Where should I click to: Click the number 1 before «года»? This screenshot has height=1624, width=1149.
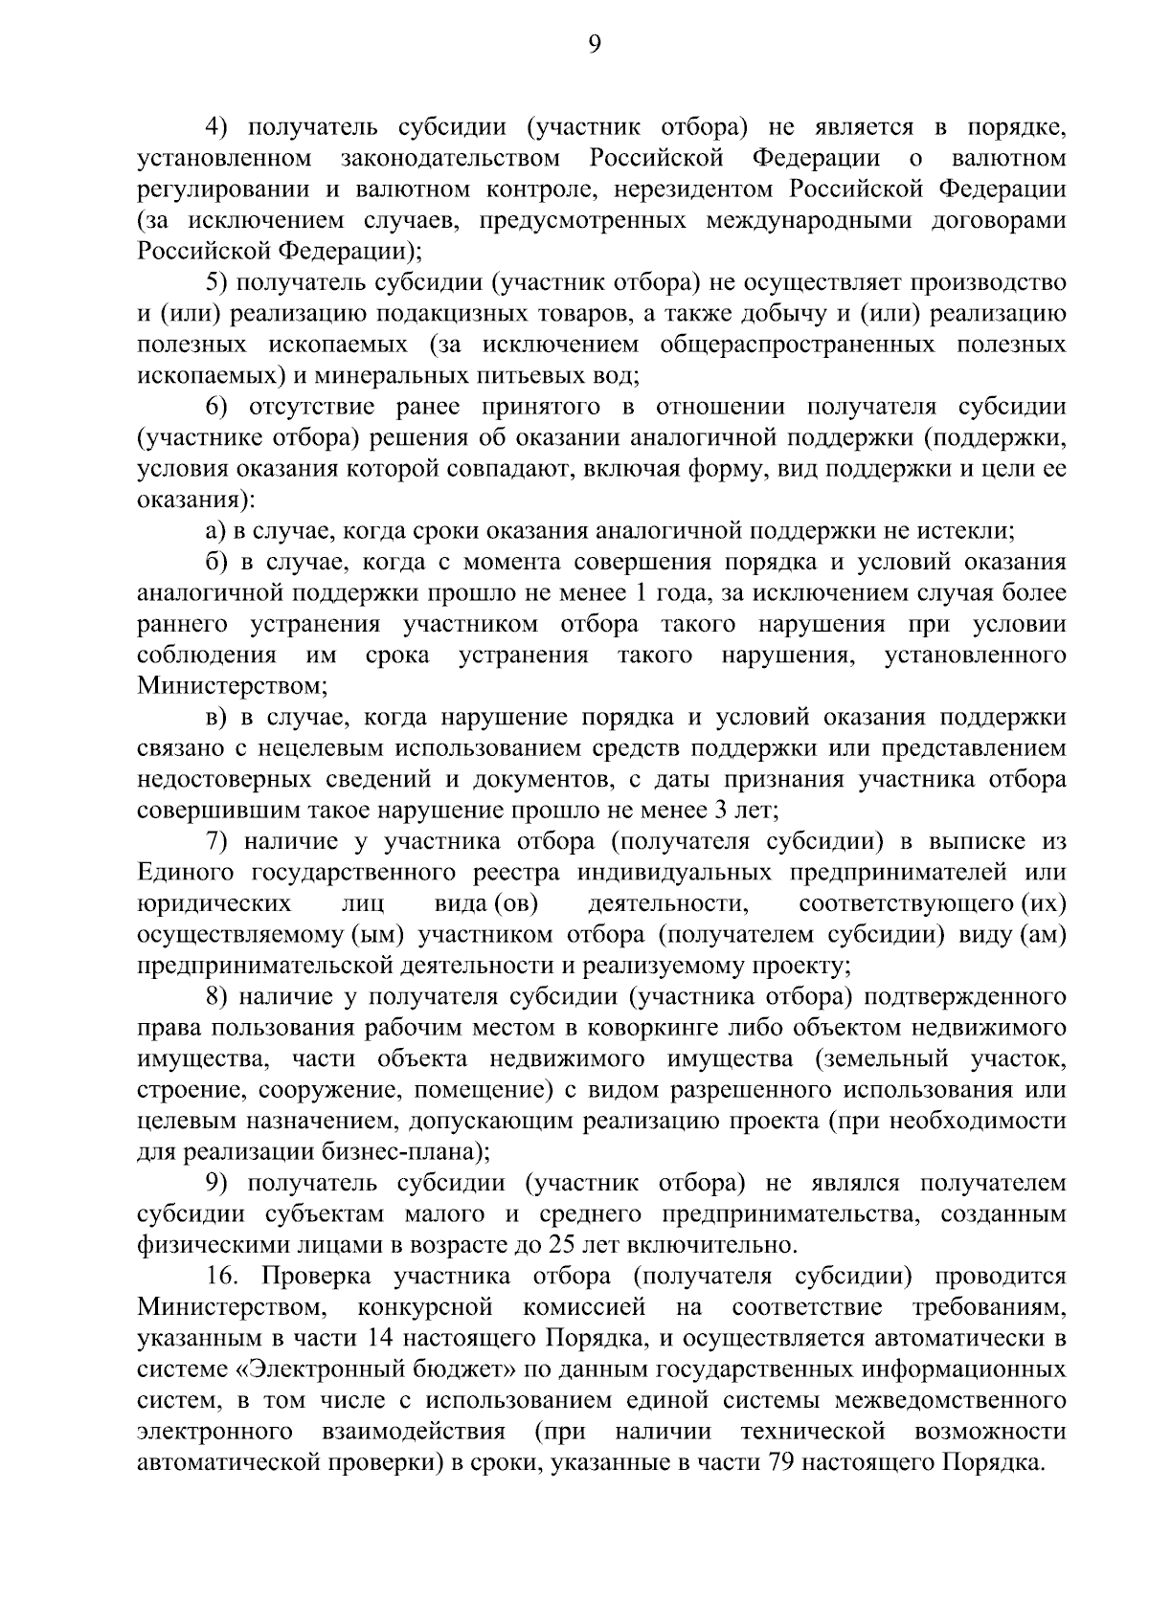tap(642, 593)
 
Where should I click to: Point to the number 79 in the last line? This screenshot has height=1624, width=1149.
tap(775, 1462)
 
